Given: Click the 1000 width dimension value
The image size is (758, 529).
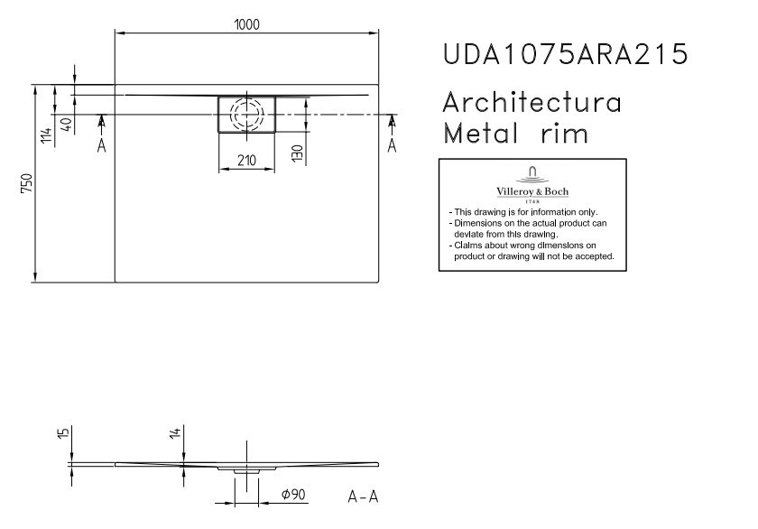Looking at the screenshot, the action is click(x=246, y=24).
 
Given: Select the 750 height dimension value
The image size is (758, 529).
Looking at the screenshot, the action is click(x=26, y=182).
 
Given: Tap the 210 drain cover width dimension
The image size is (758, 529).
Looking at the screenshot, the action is click(x=246, y=160).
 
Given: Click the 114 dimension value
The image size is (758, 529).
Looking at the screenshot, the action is click(x=46, y=135).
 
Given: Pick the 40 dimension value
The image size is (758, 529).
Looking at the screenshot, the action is click(x=67, y=125).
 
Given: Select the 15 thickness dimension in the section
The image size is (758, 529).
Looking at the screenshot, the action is click(x=63, y=432).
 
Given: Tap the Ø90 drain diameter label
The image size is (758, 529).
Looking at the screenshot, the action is click(x=293, y=494).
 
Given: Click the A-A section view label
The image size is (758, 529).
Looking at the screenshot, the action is click(x=363, y=497).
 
